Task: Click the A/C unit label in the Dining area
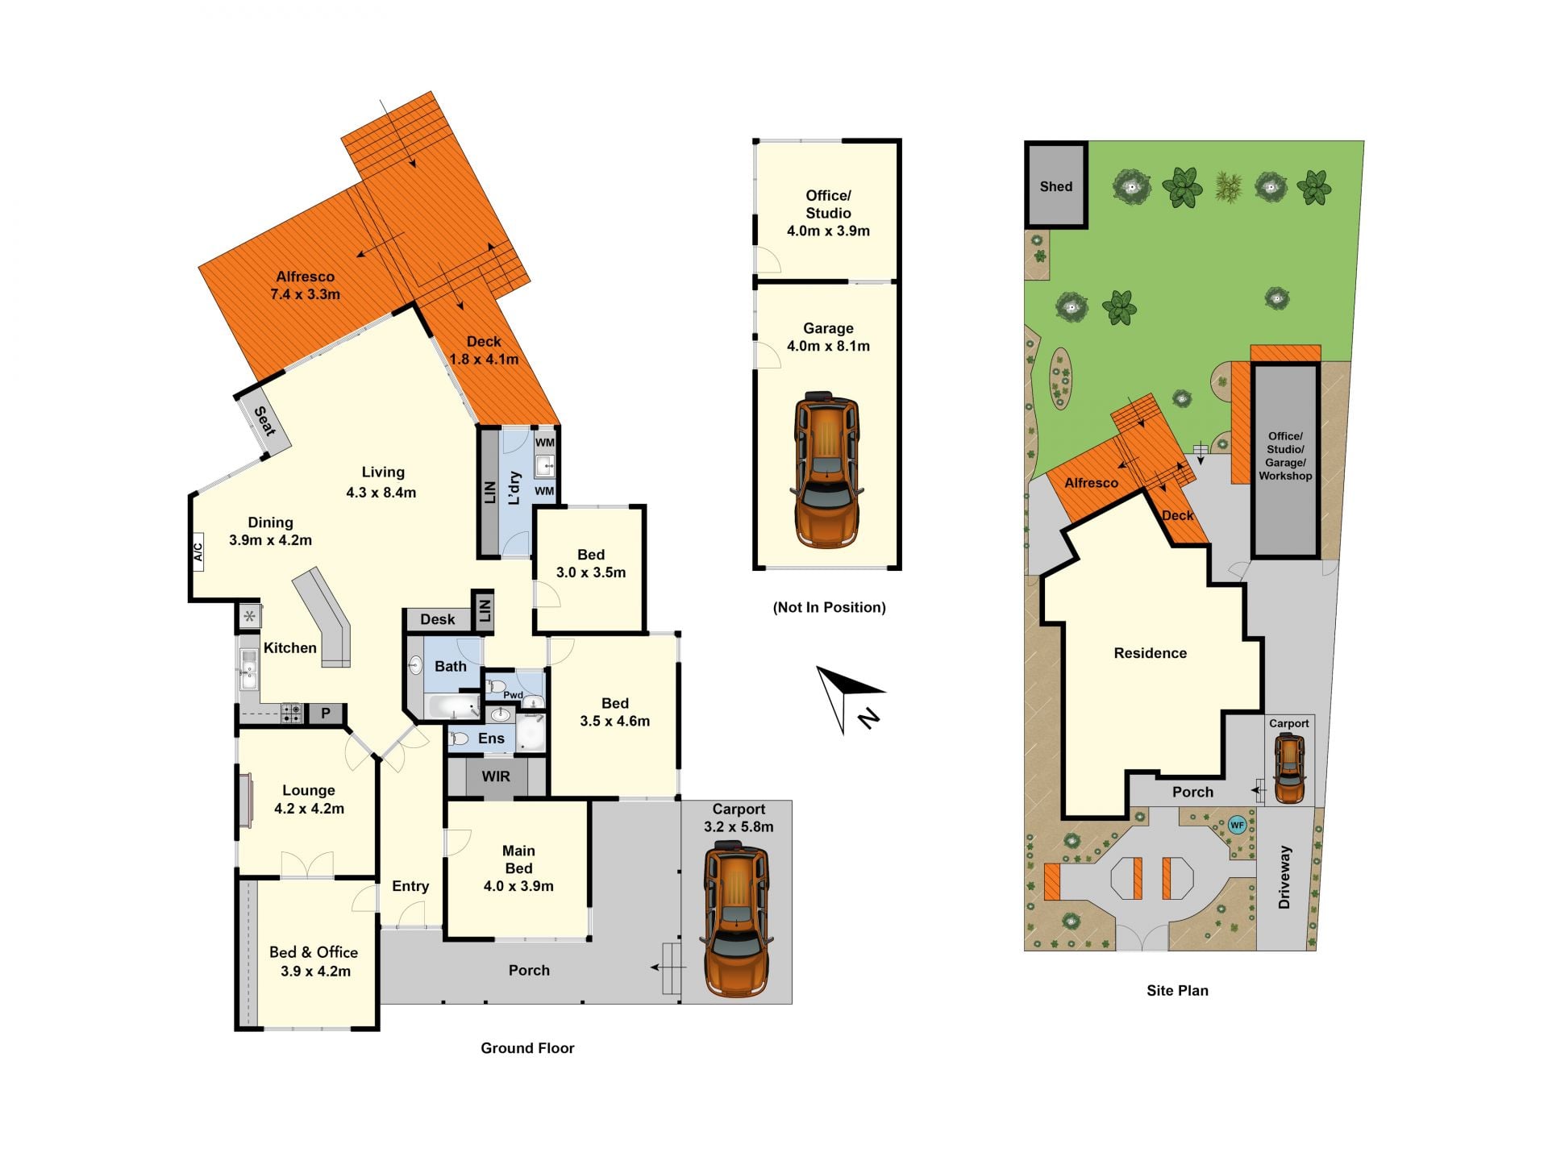[198, 551]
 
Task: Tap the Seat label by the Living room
[265, 421]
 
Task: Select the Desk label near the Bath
[438, 619]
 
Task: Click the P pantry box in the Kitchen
[326, 714]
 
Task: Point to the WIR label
[496, 776]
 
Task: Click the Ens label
[491, 739]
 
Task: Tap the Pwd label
[513, 695]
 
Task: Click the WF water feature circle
[1237, 825]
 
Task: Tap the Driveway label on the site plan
[1284, 877]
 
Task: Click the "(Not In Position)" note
[829, 607]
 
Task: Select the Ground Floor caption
[527, 1048]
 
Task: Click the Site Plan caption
[1177, 991]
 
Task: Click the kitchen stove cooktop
[291, 713]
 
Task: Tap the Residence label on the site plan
[1150, 653]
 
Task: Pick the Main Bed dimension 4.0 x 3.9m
[518, 886]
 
